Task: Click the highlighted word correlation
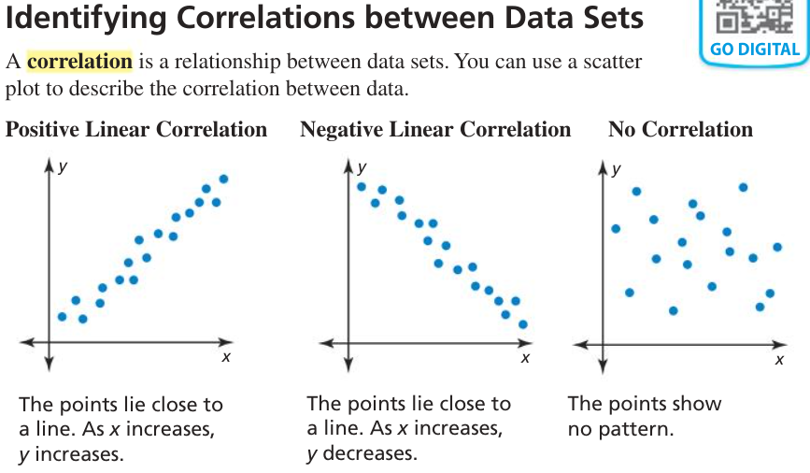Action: coord(79,62)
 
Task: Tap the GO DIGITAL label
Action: coord(755,50)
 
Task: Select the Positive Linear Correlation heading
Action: coord(136,130)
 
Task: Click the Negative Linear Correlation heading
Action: coord(435,130)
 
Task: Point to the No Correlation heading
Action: coord(680,130)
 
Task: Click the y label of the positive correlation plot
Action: coord(62,167)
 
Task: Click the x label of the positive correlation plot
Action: coord(226,357)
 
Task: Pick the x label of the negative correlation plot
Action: coord(525,357)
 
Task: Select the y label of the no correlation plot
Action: coord(616,170)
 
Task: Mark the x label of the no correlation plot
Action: coord(778,360)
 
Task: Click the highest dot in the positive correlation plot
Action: coord(223,179)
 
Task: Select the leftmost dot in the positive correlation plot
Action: coord(62,316)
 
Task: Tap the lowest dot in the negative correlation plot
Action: coord(523,324)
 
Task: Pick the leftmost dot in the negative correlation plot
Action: coord(362,186)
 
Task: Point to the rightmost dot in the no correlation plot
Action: coord(777,247)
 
